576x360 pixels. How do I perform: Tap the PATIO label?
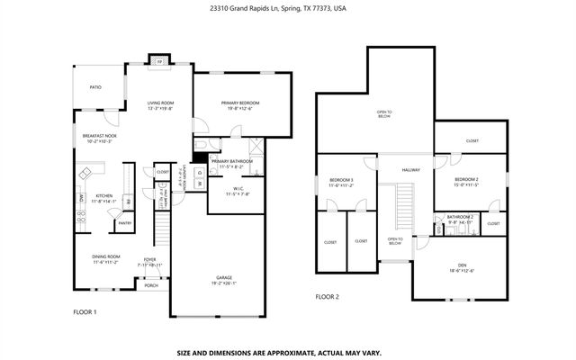click(x=94, y=87)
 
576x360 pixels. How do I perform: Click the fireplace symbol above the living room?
click(x=158, y=61)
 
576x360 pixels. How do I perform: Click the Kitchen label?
click(x=104, y=198)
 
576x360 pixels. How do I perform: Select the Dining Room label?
click(x=106, y=259)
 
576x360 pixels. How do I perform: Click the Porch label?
click(x=151, y=285)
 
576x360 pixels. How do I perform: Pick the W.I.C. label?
click(x=229, y=190)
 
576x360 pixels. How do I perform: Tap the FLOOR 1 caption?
click(x=85, y=311)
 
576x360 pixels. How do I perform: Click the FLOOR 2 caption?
click(x=327, y=296)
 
